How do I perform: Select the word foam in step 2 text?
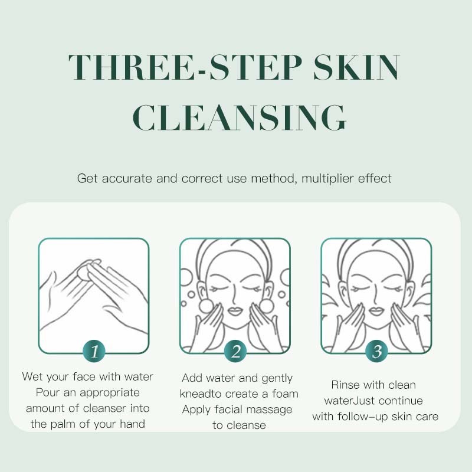[x=283, y=394]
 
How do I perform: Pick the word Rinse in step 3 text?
[x=345, y=385]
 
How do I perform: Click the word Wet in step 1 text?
[x=32, y=376]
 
